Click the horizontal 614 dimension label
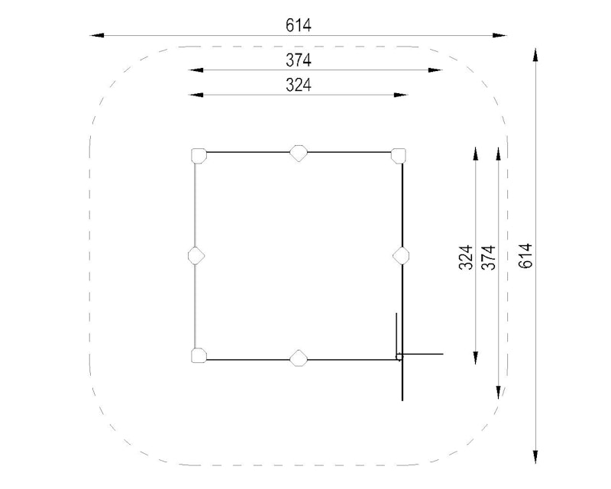coord(299,26)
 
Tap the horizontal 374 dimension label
coord(299,60)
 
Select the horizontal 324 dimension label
coord(299,85)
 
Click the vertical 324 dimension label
coord(466,257)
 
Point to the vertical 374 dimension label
coord(489,257)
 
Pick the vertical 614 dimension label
coord(525,256)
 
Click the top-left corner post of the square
coord(199,156)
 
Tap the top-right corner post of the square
coord(399,156)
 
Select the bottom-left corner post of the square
coord(199,355)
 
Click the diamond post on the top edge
coord(299,154)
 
